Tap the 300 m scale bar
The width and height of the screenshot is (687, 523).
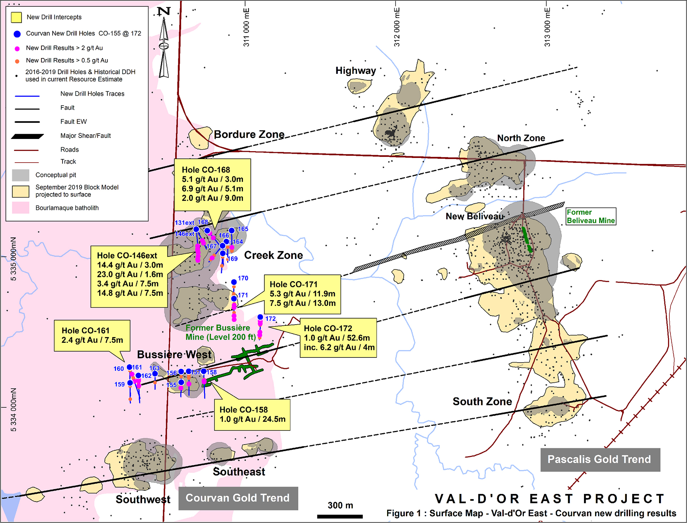pos(340,516)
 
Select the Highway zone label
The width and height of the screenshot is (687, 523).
pos(355,71)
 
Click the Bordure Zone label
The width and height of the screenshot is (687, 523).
pos(249,134)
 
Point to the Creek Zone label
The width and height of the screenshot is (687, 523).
pos(273,255)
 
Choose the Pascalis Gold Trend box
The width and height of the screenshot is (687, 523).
pos(600,459)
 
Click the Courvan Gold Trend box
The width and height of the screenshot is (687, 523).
pos(238,498)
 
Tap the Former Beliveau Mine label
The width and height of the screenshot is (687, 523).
pos(590,216)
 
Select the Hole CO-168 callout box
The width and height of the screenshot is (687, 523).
pos(212,184)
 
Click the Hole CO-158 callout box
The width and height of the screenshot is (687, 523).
pos(252,414)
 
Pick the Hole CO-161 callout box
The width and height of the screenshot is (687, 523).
pos(92,335)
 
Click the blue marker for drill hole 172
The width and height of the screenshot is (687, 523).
pos(260,317)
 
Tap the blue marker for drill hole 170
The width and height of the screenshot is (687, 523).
pos(234,282)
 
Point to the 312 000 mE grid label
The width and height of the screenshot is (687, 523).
pos(397,27)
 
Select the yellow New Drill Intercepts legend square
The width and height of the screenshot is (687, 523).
pos(16,17)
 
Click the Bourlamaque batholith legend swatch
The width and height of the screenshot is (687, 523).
pos(20,208)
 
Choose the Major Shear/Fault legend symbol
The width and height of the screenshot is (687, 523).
pos(27,136)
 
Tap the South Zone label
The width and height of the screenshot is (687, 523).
pos(482,401)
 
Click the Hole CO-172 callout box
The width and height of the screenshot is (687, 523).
pos(338,338)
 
